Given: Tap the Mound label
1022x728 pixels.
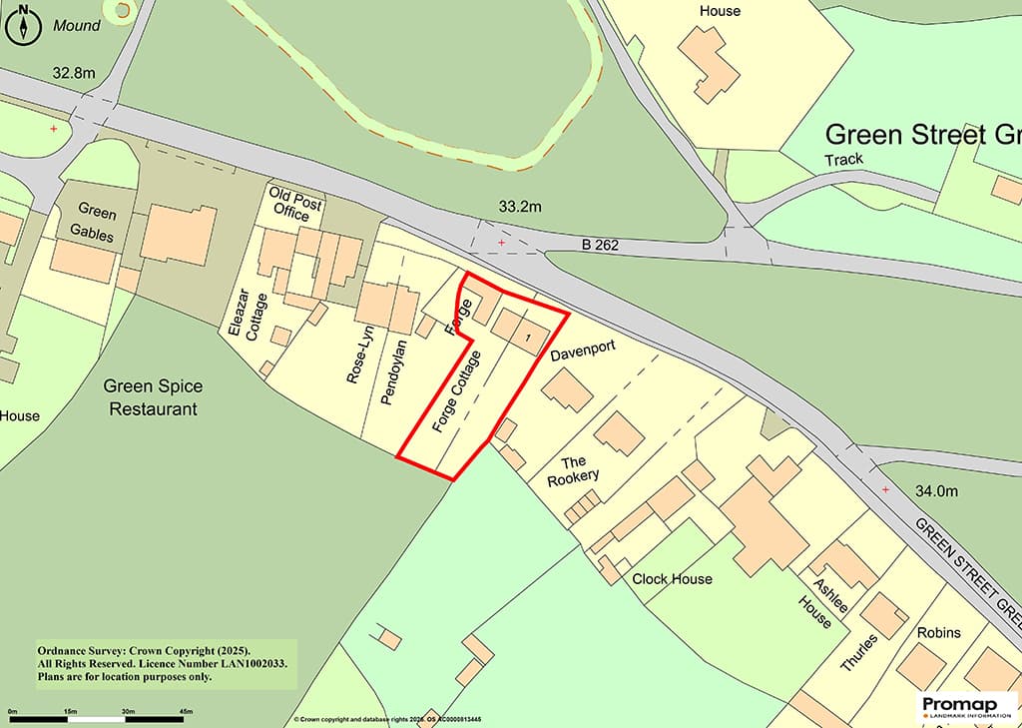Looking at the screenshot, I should (77, 25).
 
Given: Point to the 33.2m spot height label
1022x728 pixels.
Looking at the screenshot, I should (520, 207).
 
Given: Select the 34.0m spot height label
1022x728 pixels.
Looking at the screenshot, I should (936, 490).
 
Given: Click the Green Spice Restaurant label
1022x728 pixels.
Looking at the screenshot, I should (154, 397).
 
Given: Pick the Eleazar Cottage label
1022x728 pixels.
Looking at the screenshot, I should (244, 318).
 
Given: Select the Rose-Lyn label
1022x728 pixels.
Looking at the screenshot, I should (356, 357).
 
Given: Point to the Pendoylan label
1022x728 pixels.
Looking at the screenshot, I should (390, 370).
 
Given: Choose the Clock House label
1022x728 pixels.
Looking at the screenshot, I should (673, 578).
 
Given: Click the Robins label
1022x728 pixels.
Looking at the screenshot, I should (938, 632).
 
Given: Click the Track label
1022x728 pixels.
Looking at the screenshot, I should (843, 160).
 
